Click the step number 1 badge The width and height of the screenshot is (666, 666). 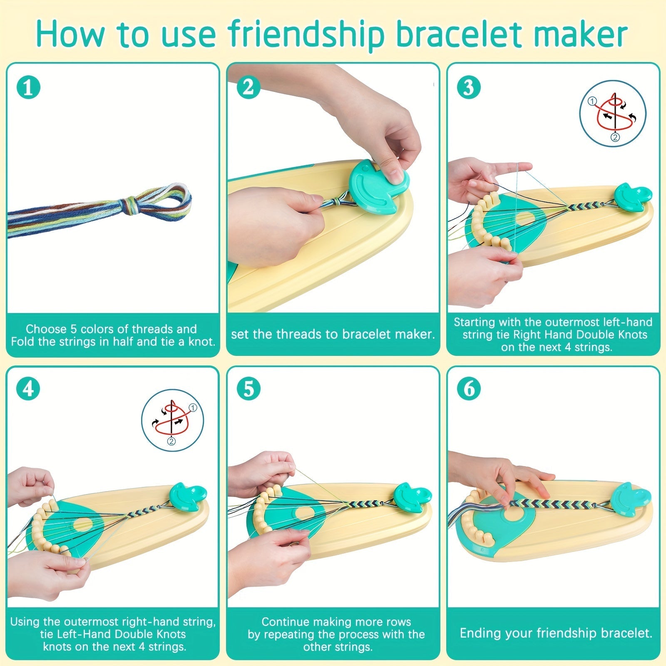28,88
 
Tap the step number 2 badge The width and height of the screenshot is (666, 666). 249,88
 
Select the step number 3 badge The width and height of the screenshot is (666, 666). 469,88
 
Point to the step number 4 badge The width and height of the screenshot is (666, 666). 28,389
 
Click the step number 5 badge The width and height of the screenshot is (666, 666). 249,389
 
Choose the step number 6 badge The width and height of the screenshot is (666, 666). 469,389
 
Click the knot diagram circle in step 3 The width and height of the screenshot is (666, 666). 613,113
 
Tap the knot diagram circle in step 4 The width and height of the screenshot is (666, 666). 172,420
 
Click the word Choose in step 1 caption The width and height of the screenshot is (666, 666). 45,329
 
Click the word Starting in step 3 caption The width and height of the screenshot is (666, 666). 475,322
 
